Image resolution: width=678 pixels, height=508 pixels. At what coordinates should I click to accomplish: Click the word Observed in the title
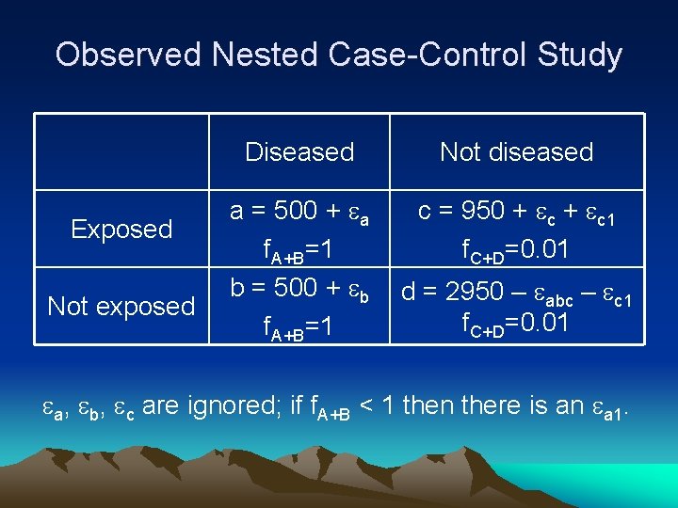pyautogui.click(x=128, y=55)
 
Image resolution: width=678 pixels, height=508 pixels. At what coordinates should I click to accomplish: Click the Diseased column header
pyautogui.click(x=299, y=152)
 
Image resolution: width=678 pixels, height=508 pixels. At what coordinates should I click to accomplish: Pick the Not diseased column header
pyautogui.click(x=517, y=152)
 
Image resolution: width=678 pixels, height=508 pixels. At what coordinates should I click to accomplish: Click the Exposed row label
pyautogui.click(x=121, y=230)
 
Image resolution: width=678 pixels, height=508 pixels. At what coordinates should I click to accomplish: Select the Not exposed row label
pyautogui.click(x=121, y=307)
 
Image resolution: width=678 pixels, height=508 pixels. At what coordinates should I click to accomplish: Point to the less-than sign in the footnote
pyautogui.click(x=370, y=406)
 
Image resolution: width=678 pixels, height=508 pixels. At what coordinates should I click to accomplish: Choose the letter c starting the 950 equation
pyautogui.click(x=426, y=213)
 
